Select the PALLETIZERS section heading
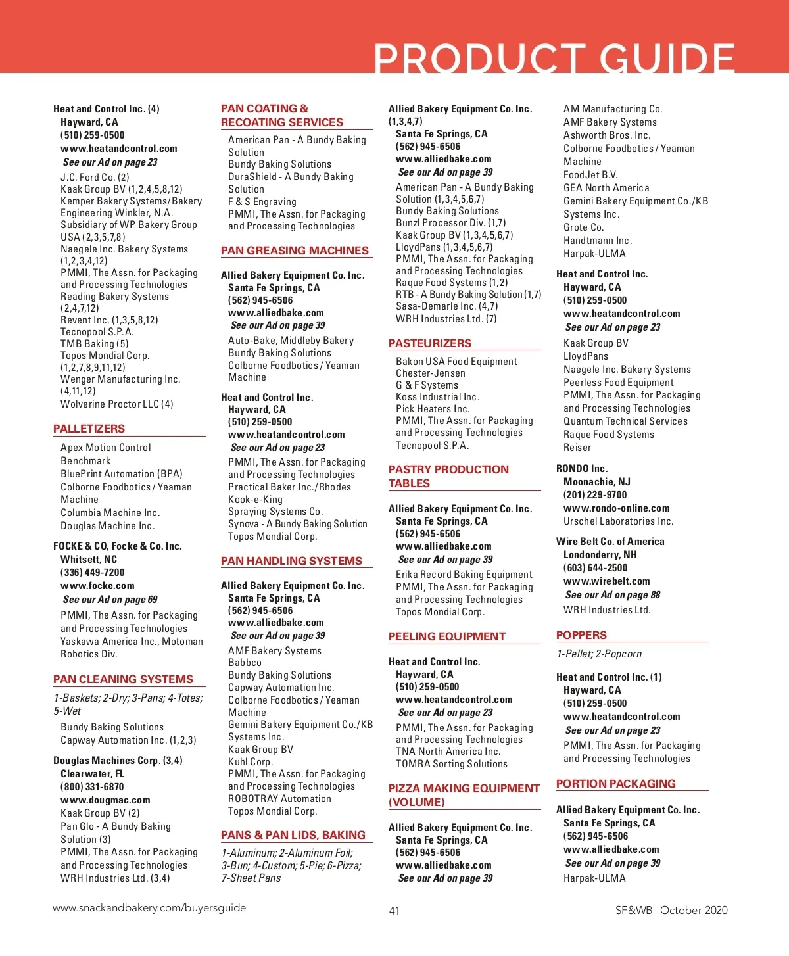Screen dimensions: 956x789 point(89,429)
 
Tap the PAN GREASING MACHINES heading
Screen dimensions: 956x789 point(295,251)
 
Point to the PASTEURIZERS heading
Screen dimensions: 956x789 point(429,343)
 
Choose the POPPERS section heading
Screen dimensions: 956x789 point(581,635)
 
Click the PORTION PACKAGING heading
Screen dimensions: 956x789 point(615,784)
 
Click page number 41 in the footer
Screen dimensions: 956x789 point(394,911)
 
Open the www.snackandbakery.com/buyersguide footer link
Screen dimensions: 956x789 point(149,908)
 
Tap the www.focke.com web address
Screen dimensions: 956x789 point(97,586)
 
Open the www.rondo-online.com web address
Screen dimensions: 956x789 point(616,508)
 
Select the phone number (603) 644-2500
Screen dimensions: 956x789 point(595,568)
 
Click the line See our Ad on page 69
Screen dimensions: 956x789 point(110,600)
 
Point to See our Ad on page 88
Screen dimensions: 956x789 point(612,595)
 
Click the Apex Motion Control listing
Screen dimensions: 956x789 point(105,448)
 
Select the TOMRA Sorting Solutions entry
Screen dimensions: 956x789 point(451,764)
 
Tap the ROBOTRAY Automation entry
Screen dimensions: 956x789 point(279,799)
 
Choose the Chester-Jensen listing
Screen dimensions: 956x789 point(430,373)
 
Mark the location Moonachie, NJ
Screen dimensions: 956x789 point(596,482)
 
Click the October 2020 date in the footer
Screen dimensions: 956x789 point(694,911)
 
